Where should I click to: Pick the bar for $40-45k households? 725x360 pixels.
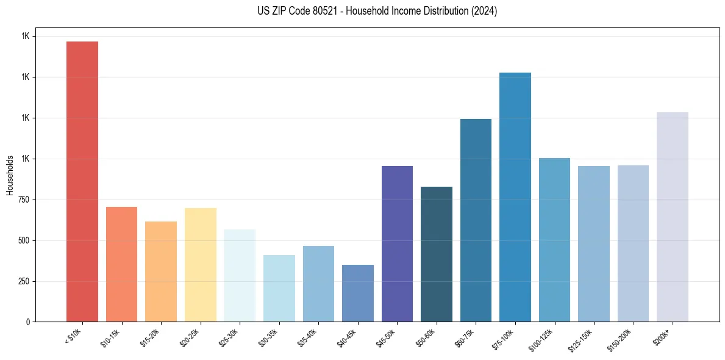coord(358,293)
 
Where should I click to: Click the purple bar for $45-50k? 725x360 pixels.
coord(397,243)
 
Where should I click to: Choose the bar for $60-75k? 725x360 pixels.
coord(476,220)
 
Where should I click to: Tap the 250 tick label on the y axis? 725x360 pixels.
coord(23,281)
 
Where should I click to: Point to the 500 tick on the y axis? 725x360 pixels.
coord(23,240)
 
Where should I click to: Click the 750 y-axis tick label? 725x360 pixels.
coord(23,200)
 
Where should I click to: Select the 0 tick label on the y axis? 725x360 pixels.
coord(27,322)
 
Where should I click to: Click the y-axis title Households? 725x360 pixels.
coord(10,175)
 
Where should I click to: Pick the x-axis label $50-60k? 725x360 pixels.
coord(424,336)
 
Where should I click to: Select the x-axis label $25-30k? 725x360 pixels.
coord(227,336)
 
